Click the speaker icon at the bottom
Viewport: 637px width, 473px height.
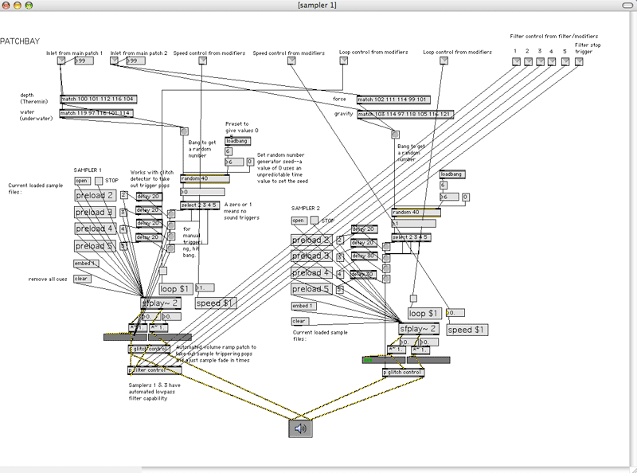pyautogui.click(x=300, y=428)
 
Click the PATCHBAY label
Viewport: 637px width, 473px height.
pyautogui.click(x=21, y=41)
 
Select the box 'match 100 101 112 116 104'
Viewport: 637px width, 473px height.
pyautogui.click(x=98, y=99)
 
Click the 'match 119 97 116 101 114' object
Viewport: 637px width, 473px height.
pyautogui.click(x=96, y=113)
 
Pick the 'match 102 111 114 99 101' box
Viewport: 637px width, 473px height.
pyautogui.click(x=393, y=100)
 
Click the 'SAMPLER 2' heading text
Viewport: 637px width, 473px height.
pyautogui.click(x=307, y=208)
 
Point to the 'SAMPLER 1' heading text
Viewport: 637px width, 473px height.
pyautogui.click(x=88, y=170)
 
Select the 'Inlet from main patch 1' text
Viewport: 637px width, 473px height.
pyautogui.click(x=74, y=53)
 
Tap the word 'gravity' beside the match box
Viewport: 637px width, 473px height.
pyautogui.click(x=343, y=114)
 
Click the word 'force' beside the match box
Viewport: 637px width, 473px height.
pyautogui.click(x=339, y=99)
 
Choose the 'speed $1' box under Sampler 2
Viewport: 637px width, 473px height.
pyautogui.click(x=464, y=330)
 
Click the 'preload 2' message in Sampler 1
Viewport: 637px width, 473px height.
pyautogui.click(x=96, y=195)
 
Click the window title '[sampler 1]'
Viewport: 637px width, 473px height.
pyautogui.click(x=317, y=6)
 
